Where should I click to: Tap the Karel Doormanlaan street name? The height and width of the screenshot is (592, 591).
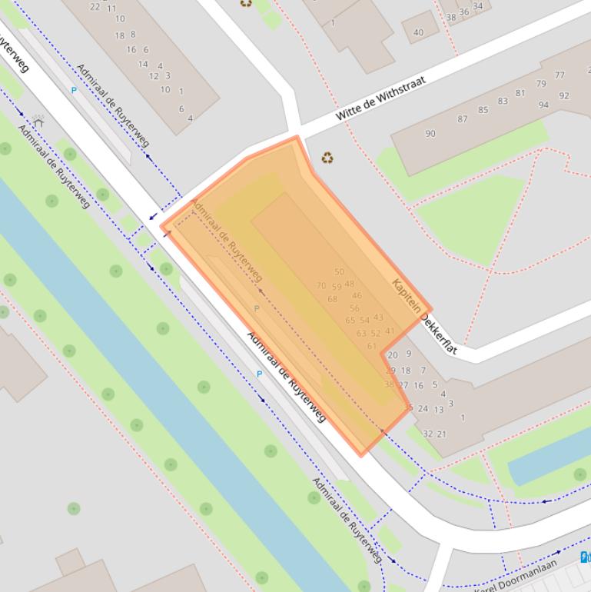(527, 578)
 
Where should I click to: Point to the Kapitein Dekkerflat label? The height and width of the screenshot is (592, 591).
(424, 316)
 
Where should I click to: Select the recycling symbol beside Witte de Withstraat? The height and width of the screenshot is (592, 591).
(327, 158)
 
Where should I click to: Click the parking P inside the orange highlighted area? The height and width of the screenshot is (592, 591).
(257, 308)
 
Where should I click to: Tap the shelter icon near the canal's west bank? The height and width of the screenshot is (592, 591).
(38, 121)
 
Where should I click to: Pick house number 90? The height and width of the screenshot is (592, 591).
(430, 134)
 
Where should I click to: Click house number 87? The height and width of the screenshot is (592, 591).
(462, 119)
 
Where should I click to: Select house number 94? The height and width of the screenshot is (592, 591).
(543, 105)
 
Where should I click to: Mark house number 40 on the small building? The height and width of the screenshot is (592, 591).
(418, 32)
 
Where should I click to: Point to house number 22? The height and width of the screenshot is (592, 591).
(95, 7)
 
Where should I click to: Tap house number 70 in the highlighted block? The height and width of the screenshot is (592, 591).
(321, 286)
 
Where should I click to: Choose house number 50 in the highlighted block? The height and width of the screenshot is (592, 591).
(339, 272)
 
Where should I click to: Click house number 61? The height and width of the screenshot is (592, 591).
(372, 346)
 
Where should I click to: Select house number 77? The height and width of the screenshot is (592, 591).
(559, 75)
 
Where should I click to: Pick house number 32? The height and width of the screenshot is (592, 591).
(428, 434)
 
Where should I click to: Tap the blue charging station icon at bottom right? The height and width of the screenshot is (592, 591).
(586, 555)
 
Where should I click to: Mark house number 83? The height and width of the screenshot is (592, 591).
(503, 101)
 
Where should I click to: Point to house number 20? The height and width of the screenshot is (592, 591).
(393, 355)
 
